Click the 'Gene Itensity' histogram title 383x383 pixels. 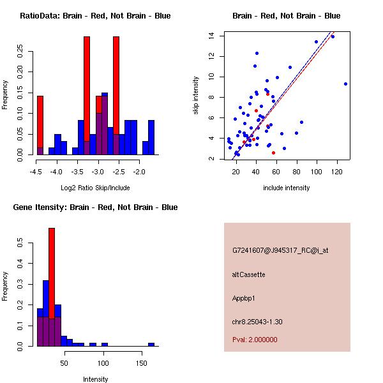(95, 207)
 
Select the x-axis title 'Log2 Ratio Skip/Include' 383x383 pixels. (95, 188)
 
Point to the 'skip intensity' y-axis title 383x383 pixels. (197, 95)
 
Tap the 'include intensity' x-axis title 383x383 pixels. (287, 188)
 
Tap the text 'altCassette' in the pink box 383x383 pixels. (248, 274)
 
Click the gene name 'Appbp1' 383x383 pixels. (245, 297)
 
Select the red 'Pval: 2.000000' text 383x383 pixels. (255, 340)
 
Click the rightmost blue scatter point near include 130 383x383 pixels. (345, 84)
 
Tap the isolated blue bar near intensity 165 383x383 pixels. (151, 344)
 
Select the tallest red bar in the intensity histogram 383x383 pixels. (52, 287)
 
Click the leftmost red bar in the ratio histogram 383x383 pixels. (40, 124)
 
